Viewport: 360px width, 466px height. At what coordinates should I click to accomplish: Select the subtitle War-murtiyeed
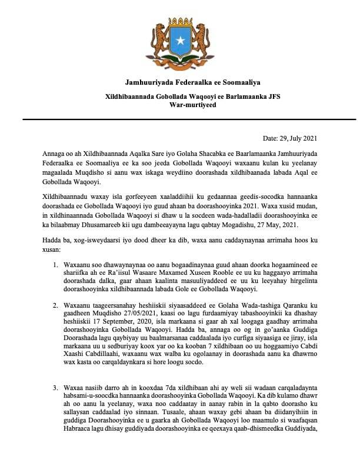[180, 104]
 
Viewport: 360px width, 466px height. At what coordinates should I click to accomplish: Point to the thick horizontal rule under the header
[180, 119]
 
